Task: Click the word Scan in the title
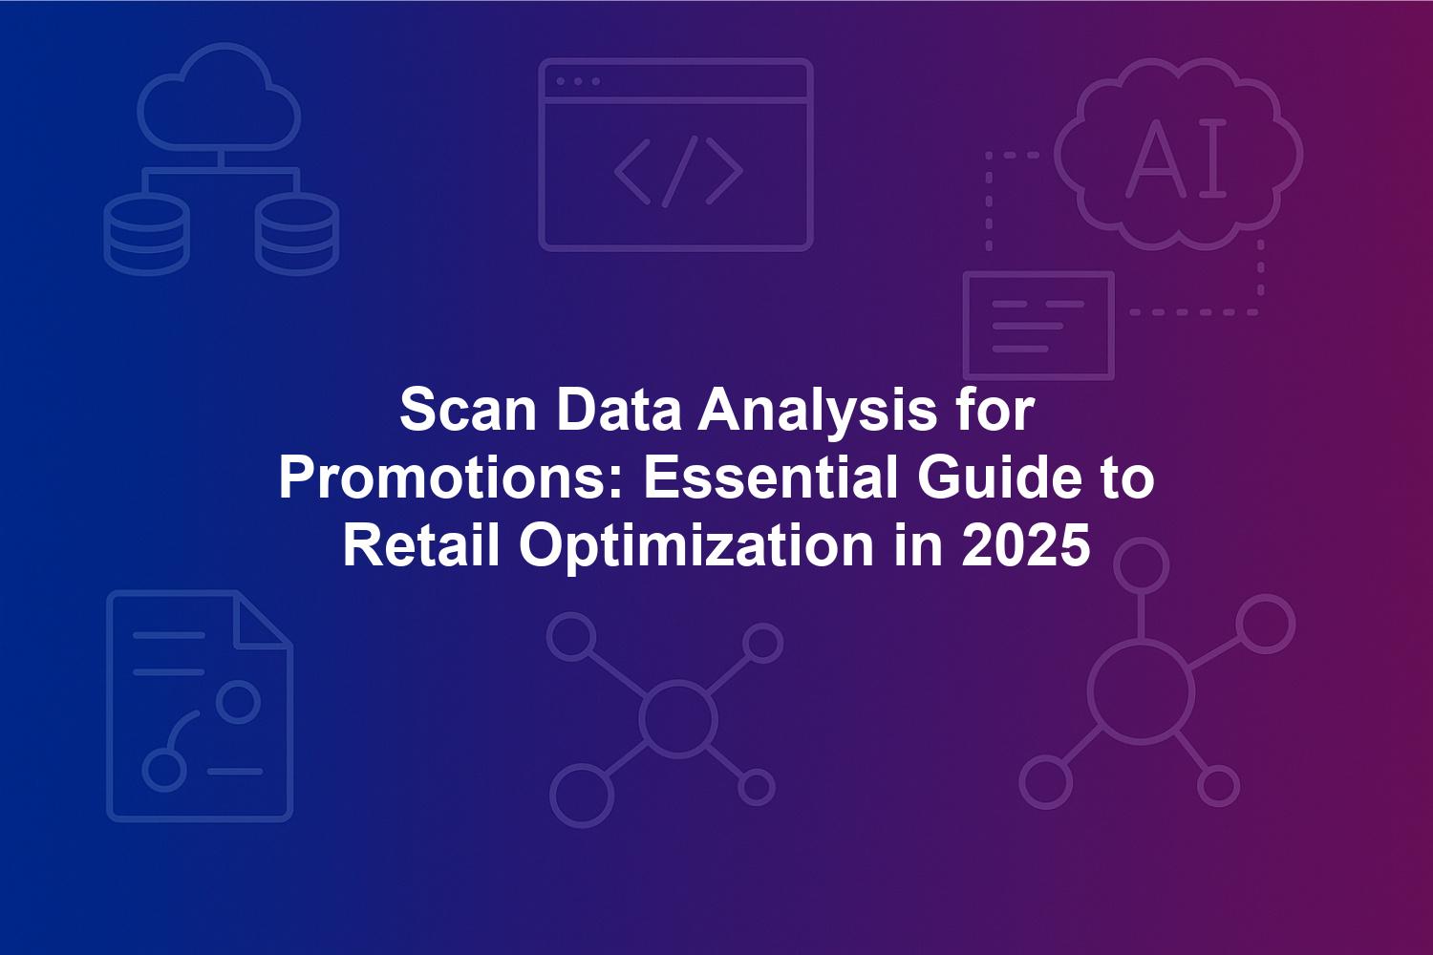click(x=468, y=411)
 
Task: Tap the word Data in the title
click(x=618, y=411)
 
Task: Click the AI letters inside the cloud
click(x=1176, y=159)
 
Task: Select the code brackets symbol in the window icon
click(x=678, y=172)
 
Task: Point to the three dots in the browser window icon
click(x=578, y=81)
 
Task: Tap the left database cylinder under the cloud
click(x=146, y=233)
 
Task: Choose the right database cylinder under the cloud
click(x=297, y=233)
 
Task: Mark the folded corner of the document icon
click(x=264, y=619)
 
